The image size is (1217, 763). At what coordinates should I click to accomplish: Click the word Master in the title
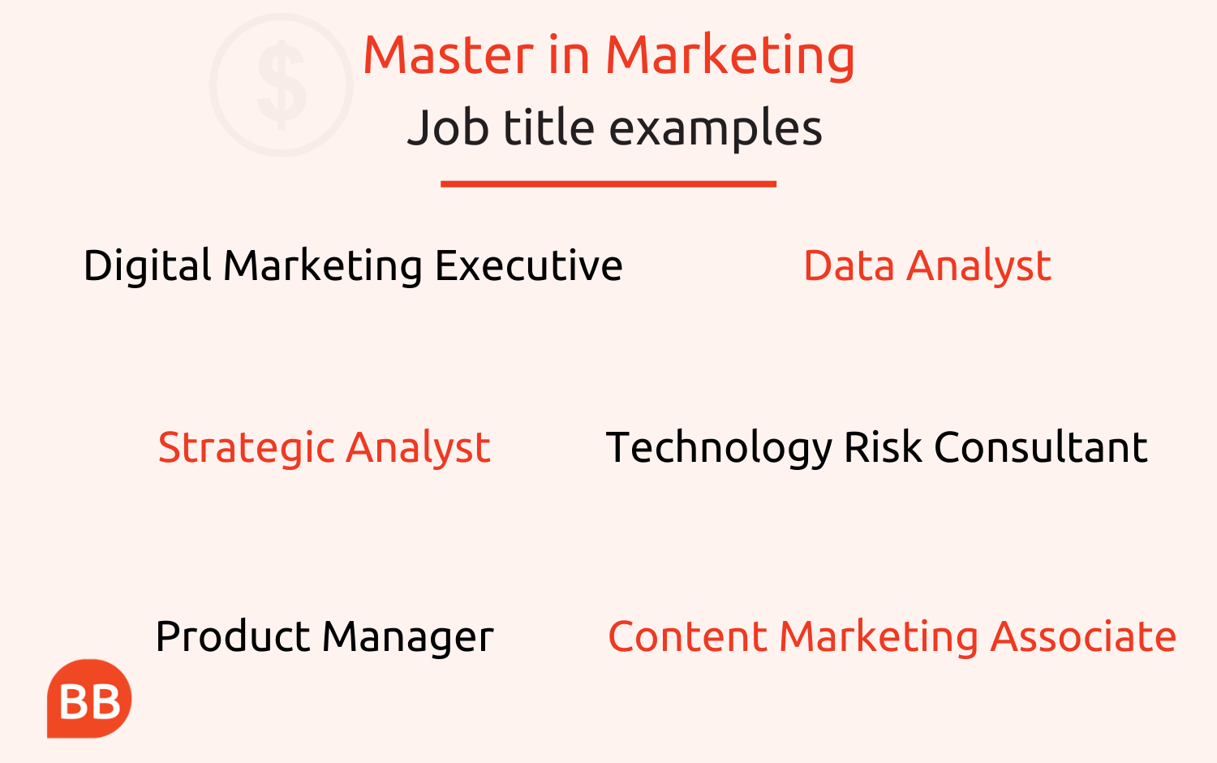point(449,55)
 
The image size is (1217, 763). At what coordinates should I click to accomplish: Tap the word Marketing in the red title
point(730,58)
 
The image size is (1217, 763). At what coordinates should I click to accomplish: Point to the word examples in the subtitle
point(716,129)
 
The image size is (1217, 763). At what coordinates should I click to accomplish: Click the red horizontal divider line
point(608,184)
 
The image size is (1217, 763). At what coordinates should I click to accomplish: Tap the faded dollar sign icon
point(282,85)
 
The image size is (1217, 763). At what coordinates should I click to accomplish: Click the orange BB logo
point(89,699)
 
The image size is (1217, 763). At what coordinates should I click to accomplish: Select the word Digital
point(147,265)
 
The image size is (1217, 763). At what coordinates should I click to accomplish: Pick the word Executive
point(529,265)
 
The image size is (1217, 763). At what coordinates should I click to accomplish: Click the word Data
point(849,265)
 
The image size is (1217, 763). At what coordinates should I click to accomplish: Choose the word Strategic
point(247,448)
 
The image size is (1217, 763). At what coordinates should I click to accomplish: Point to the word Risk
point(883,447)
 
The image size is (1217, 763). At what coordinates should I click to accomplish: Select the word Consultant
point(1040,447)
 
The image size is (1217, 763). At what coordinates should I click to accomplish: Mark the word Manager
point(408,638)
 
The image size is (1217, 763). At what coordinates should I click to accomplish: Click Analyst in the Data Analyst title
point(978,267)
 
